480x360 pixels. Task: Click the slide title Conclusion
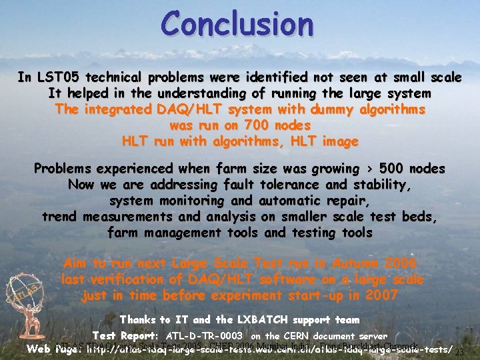pyautogui.click(x=237, y=24)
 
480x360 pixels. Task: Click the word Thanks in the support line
pyautogui.click(x=142, y=321)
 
